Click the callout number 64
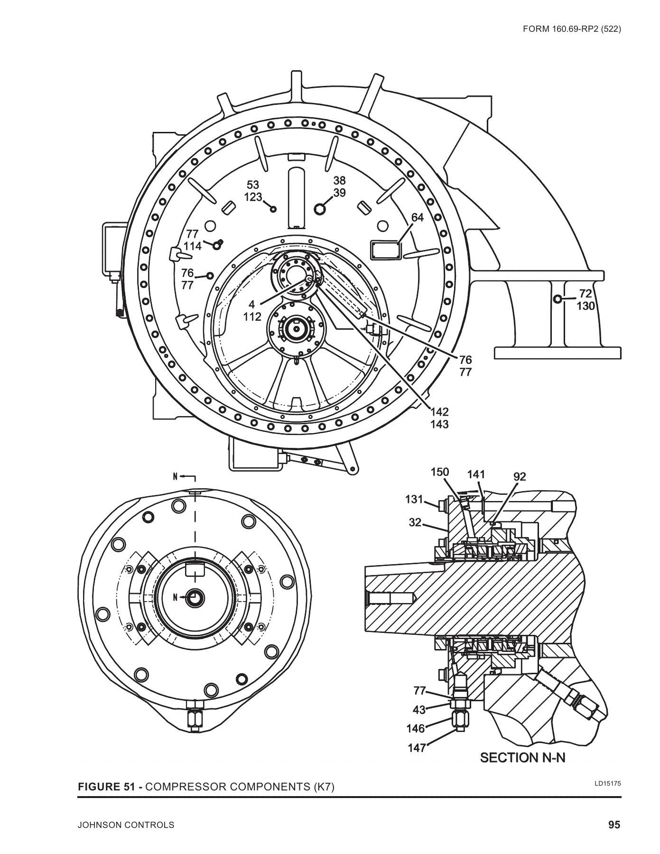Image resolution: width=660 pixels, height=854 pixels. (x=418, y=218)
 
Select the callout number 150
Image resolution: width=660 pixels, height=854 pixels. (x=439, y=472)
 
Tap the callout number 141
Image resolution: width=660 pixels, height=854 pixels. (x=476, y=474)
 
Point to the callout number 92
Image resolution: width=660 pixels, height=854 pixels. (x=520, y=477)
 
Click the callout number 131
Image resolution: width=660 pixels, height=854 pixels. (x=414, y=499)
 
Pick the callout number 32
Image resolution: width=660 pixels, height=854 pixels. (x=415, y=522)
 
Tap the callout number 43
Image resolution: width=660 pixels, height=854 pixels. (x=419, y=710)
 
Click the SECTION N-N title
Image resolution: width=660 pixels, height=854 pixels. (x=523, y=771)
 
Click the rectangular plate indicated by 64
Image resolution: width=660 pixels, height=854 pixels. (x=385, y=249)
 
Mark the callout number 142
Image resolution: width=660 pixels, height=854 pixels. (x=439, y=411)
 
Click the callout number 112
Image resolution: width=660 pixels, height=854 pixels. (x=252, y=316)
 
